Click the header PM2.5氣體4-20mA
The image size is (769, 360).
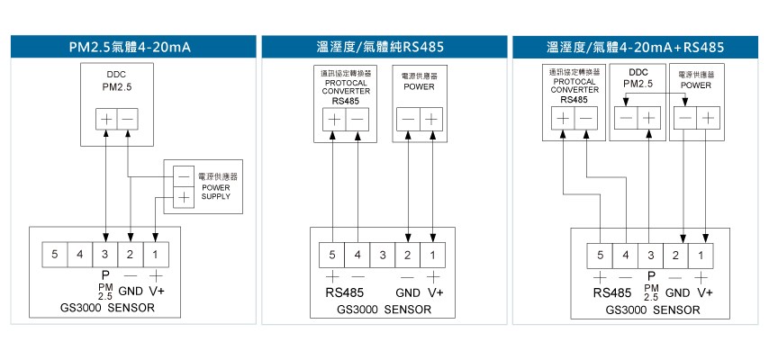pos(131,46)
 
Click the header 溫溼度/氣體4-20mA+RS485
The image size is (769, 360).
pos(635,46)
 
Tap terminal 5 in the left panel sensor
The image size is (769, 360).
pos(55,256)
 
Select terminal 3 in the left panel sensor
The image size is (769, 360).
pos(105,256)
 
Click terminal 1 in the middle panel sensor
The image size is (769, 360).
pos(433,256)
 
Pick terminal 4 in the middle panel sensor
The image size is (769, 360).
pos(357,256)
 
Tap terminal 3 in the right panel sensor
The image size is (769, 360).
pos(651,256)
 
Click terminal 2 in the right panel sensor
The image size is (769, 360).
pos(676,256)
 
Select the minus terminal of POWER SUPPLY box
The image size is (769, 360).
pos(184,175)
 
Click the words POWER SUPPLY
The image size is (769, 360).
pos(216,192)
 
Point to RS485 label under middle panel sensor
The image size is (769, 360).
pos(345,292)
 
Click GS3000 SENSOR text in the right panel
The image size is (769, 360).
pos(647,310)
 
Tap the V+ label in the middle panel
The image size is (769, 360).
pos(435,292)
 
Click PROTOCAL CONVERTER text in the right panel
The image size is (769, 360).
pos(574,85)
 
